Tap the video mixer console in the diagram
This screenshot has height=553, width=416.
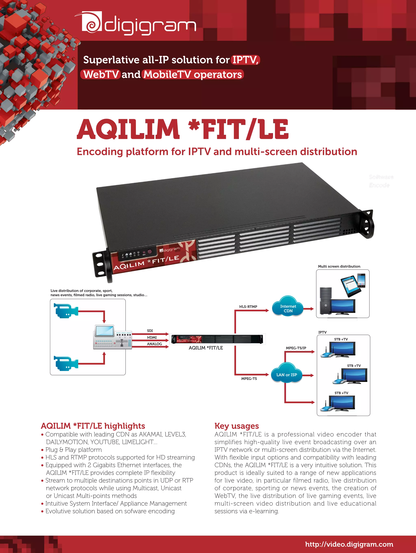[x=113, y=337]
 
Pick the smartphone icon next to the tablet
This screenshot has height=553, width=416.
[x=361, y=280]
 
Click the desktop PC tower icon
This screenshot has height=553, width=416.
[x=325, y=301]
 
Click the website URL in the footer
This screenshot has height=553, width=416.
[x=349, y=544]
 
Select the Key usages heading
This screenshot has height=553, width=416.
[x=236, y=426]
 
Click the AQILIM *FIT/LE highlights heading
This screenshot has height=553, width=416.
[x=93, y=426]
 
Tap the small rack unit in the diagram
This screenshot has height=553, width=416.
[x=217, y=339]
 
